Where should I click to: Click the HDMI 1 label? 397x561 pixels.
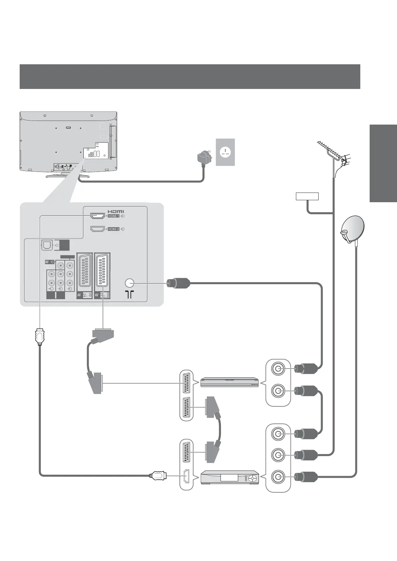tap(113, 216)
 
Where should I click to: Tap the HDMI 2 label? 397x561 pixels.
tap(113, 229)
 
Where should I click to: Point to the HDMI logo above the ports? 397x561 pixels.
tap(115, 211)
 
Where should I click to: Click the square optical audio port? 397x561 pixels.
tap(46, 246)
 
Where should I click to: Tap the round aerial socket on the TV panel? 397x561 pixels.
tap(129, 283)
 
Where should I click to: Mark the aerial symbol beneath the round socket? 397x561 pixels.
tap(129, 294)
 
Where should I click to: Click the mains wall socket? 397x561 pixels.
tap(225, 152)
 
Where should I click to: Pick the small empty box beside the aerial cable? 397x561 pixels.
tap(307, 196)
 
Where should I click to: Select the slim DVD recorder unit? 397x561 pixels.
tap(230, 382)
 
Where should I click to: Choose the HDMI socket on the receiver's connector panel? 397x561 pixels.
tap(187, 476)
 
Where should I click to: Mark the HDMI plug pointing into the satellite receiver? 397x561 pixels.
tap(158, 475)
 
